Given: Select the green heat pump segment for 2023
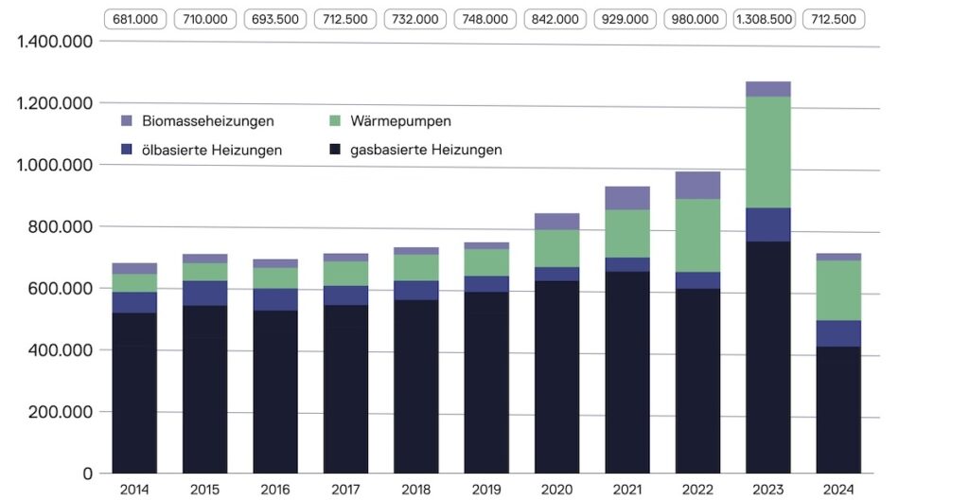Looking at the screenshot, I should coord(767,152).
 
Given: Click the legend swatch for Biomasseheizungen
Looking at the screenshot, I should coord(128,121).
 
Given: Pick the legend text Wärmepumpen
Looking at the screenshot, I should coord(400,121).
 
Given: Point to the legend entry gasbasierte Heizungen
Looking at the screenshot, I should coord(426,150).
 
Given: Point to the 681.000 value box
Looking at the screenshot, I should coord(135,19).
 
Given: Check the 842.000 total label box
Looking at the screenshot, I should coord(555,19).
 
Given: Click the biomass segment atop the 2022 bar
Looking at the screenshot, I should coord(697,185).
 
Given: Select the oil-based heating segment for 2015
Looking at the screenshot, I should coord(204,293).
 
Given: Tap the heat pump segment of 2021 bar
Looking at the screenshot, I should coord(627,233).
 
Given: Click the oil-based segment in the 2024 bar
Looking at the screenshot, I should coord(837,333).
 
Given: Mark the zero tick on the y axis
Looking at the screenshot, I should coord(86,474).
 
